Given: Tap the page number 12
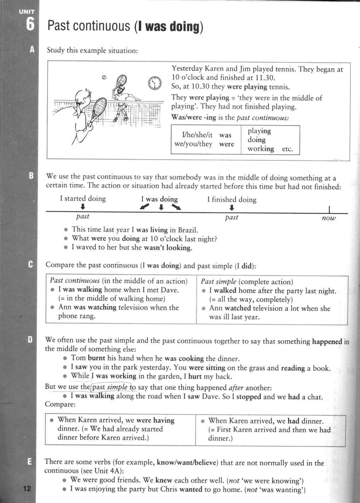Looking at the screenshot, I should tap(27, 489).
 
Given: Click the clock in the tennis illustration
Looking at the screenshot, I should tap(154, 83).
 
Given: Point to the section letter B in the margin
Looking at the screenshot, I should tap(31, 176).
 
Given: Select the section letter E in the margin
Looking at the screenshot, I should tap(29, 462).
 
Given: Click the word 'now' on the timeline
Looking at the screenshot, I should tap(328, 218).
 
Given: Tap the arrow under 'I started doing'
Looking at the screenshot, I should tap(82, 207).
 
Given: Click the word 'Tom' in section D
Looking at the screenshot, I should tap(78, 358).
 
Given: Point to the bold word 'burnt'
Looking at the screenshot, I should tap(96, 358).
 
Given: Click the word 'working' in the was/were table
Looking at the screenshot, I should tap(261, 149).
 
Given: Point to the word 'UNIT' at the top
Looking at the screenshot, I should tap(26, 12).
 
